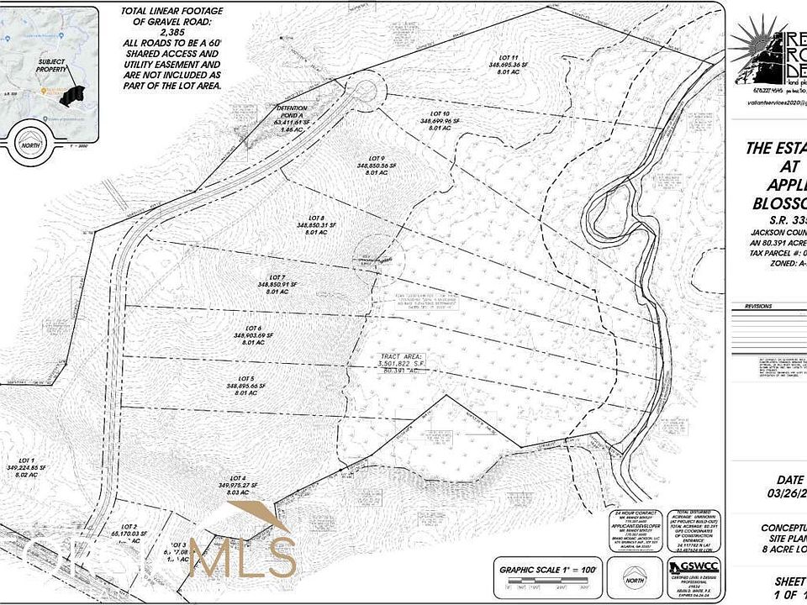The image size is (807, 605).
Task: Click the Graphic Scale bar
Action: coord(548,581)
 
